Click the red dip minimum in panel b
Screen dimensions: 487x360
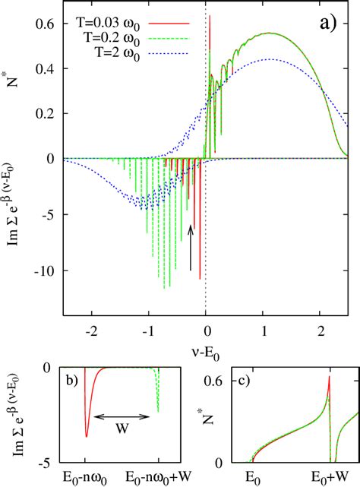click(x=86, y=437)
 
